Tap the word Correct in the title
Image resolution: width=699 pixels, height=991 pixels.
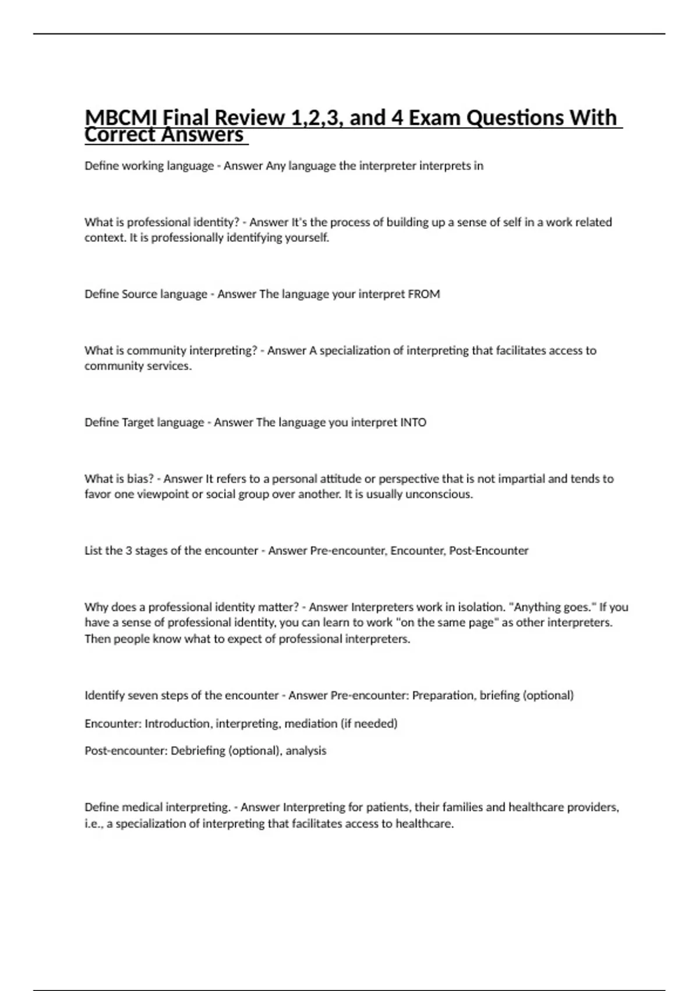120,135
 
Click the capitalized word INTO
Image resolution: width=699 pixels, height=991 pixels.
413,423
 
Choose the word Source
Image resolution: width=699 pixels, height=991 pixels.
139,294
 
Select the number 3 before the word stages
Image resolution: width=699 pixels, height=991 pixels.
129,551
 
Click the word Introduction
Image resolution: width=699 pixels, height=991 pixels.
178,724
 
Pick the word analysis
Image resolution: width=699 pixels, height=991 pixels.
306,751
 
